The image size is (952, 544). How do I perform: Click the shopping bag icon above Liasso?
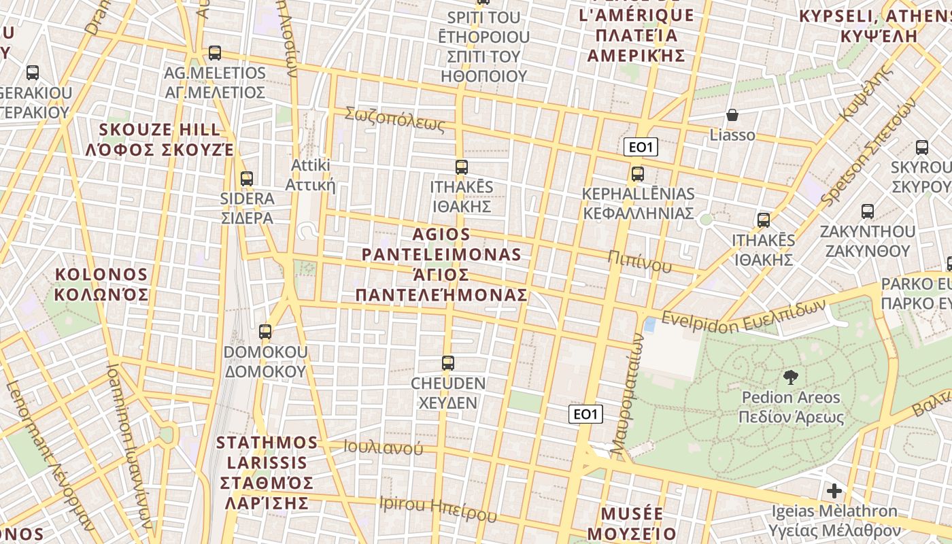click(x=732, y=115)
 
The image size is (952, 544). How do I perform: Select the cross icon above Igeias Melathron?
click(x=834, y=490)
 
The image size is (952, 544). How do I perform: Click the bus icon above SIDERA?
click(x=247, y=179)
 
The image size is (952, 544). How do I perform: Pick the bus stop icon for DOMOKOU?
click(x=265, y=332)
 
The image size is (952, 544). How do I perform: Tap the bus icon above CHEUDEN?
click(x=447, y=363)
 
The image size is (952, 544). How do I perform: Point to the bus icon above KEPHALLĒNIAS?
click(x=637, y=174)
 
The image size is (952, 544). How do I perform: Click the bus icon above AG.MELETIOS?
click(x=215, y=52)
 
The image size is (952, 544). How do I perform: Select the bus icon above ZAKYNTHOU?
click(x=867, y=211)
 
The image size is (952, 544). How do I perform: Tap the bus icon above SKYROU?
click(x=922, y=147)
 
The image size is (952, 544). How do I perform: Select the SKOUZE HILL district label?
click(x=160, y=139)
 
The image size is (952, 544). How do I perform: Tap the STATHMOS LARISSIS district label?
click(x=266, y=473)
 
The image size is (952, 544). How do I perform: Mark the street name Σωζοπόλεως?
click(x=394, y=119)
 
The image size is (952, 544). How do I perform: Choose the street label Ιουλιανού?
click(x=383, y=447)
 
